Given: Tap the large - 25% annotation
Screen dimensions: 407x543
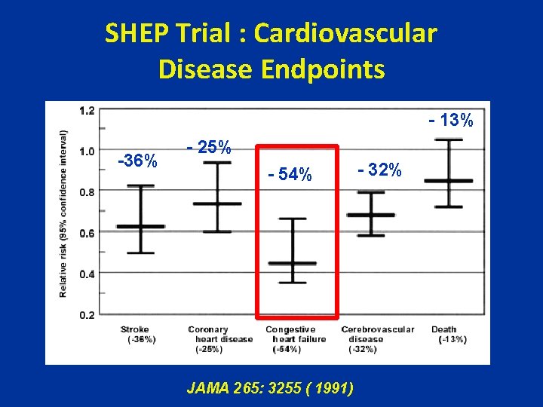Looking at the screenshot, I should pyautogui.click(x=209, y=148).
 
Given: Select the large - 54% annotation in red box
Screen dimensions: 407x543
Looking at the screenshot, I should pyautogui.click(x=290, y=175).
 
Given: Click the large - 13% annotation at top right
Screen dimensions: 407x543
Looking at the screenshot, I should pyautogui.click(x=450, y=120).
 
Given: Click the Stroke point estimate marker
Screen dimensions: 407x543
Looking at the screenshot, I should pyautogui.click(x=140, y=226).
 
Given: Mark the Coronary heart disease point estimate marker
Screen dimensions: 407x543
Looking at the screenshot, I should pyautogui.click(x=217, y=203).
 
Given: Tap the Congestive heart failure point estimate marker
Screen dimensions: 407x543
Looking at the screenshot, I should pyautogui.click(x=293, y=263).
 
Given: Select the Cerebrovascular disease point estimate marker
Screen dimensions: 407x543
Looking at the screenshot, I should pyautogui.click(x=370, y=215).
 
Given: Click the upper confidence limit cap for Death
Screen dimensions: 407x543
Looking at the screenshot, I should pyautogui.click(x=449, y=140).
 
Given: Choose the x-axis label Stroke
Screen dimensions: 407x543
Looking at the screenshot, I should pyautogui.click(x=135, y=329).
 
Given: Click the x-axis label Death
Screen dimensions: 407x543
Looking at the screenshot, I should pyautogui.click(x=443, y=329).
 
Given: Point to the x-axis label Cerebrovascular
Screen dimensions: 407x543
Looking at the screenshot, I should pyautogui.click(x=377, y=329).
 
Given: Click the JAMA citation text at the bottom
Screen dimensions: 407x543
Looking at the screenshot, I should pyautogui.click(x=269, y=388).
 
